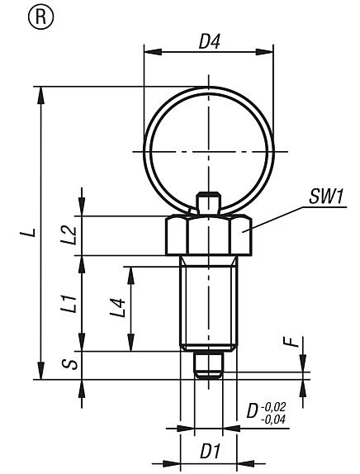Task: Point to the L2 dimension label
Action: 70,235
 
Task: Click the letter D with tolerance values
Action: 255,412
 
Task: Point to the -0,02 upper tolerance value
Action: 279,405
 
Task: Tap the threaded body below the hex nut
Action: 207,301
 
